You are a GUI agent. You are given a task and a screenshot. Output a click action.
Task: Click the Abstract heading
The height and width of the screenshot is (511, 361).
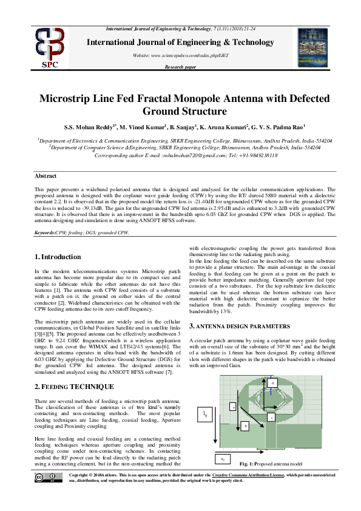[x=46, y=175]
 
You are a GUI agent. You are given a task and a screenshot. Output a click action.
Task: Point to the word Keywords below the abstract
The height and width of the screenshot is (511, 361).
[x=45, y=232]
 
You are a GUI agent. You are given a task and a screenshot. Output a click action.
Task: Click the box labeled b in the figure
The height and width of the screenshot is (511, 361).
[x=245, y=426]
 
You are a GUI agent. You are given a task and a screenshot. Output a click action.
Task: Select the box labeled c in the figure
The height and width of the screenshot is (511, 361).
[x=271, y=418]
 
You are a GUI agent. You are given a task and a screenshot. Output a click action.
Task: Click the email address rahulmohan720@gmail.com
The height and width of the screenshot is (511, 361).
[x=178, y=155]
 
